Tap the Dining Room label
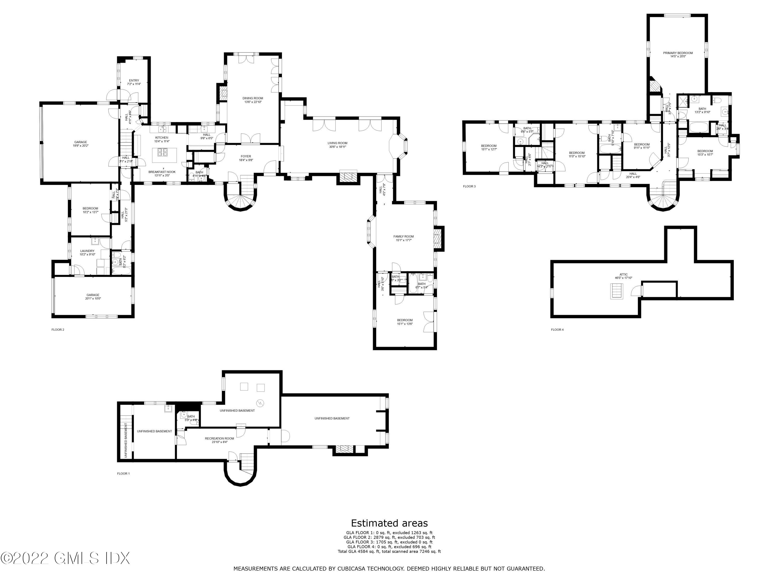(252, 98)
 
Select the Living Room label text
(337, 143)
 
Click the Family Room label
(403, 237)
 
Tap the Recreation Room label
(219, 439)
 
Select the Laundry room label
(87, 251)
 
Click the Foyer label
(246, 157)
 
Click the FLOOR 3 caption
(469, 186)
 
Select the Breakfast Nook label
(162, 172)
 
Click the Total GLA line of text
(389, 551)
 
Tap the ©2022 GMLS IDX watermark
(65, 558)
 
